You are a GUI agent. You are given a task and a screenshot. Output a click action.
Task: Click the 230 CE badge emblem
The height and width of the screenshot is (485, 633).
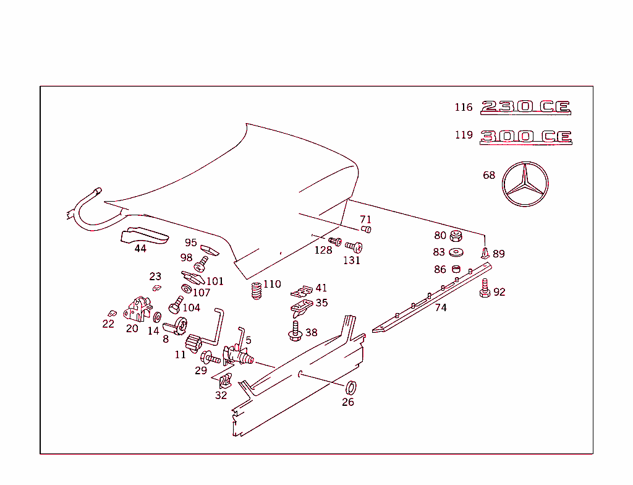(x=525, y=107)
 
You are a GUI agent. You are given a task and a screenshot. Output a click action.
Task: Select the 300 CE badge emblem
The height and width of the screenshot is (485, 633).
(x=525, y=136)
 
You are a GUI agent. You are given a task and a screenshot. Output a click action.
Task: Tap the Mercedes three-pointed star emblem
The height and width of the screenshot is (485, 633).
(x=525, y=184)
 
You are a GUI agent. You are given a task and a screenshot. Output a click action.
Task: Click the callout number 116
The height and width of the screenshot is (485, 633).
(x=464, y=108)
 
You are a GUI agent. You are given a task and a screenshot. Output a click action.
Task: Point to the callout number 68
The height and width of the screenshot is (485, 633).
(x=489, y=176)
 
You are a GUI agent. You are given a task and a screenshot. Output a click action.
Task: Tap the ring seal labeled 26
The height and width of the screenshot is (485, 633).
(x=349, y=388)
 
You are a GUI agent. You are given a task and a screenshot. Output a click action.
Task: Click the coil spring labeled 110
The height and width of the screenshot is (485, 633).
(x=257, y=290)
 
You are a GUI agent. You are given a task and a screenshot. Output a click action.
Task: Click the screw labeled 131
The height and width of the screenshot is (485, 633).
(x=354, y=246)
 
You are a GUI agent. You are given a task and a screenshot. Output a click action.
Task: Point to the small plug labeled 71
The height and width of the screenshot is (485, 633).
(x=366, y=230)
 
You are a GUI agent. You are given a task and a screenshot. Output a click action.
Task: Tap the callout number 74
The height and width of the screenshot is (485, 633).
(x=441, y=307)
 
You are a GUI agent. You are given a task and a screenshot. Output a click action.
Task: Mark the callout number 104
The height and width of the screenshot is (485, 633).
(x=192, y=307)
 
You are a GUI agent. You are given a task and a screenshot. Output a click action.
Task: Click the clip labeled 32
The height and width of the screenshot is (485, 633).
(x=226, y=382)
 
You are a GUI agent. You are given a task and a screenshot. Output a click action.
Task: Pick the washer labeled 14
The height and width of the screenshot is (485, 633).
(x=157, y=317)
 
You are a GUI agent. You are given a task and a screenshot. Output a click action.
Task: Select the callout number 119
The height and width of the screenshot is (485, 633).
(x=464, y=135)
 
